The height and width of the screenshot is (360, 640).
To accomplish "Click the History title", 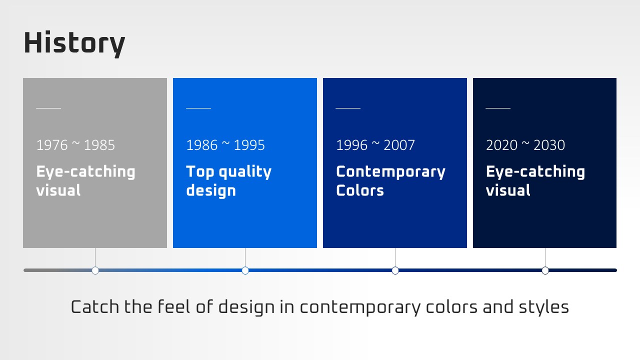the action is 74,43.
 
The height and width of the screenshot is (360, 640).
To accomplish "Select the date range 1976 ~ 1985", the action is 75,145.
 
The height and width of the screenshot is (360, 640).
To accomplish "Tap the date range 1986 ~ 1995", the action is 225,145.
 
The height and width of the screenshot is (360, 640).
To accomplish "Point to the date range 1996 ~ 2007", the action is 375,145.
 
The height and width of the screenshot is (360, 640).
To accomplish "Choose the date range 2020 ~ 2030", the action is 525,145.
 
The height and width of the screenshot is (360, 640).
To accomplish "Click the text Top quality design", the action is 229,181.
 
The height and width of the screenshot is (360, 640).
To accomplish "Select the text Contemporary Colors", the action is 391,180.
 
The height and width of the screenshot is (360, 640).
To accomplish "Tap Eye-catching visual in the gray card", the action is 85,180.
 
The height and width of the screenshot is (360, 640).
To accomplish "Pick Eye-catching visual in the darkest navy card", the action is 535,180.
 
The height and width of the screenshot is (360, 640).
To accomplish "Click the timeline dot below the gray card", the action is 95,270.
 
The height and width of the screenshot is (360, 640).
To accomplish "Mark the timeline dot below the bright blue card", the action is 245,270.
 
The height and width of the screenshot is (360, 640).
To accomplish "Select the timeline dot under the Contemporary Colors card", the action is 395,270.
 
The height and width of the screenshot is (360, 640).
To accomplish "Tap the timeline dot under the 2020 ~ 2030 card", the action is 545,270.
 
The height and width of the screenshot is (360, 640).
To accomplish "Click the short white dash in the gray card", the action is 48,108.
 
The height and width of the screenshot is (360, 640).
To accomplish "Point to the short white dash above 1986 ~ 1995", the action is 198,108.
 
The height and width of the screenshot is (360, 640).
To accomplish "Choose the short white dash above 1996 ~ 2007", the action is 348,108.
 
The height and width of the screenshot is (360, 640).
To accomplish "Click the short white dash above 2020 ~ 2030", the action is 498,108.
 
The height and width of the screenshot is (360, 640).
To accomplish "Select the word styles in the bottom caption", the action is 543,307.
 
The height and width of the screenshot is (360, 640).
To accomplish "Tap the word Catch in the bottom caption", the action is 95,307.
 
